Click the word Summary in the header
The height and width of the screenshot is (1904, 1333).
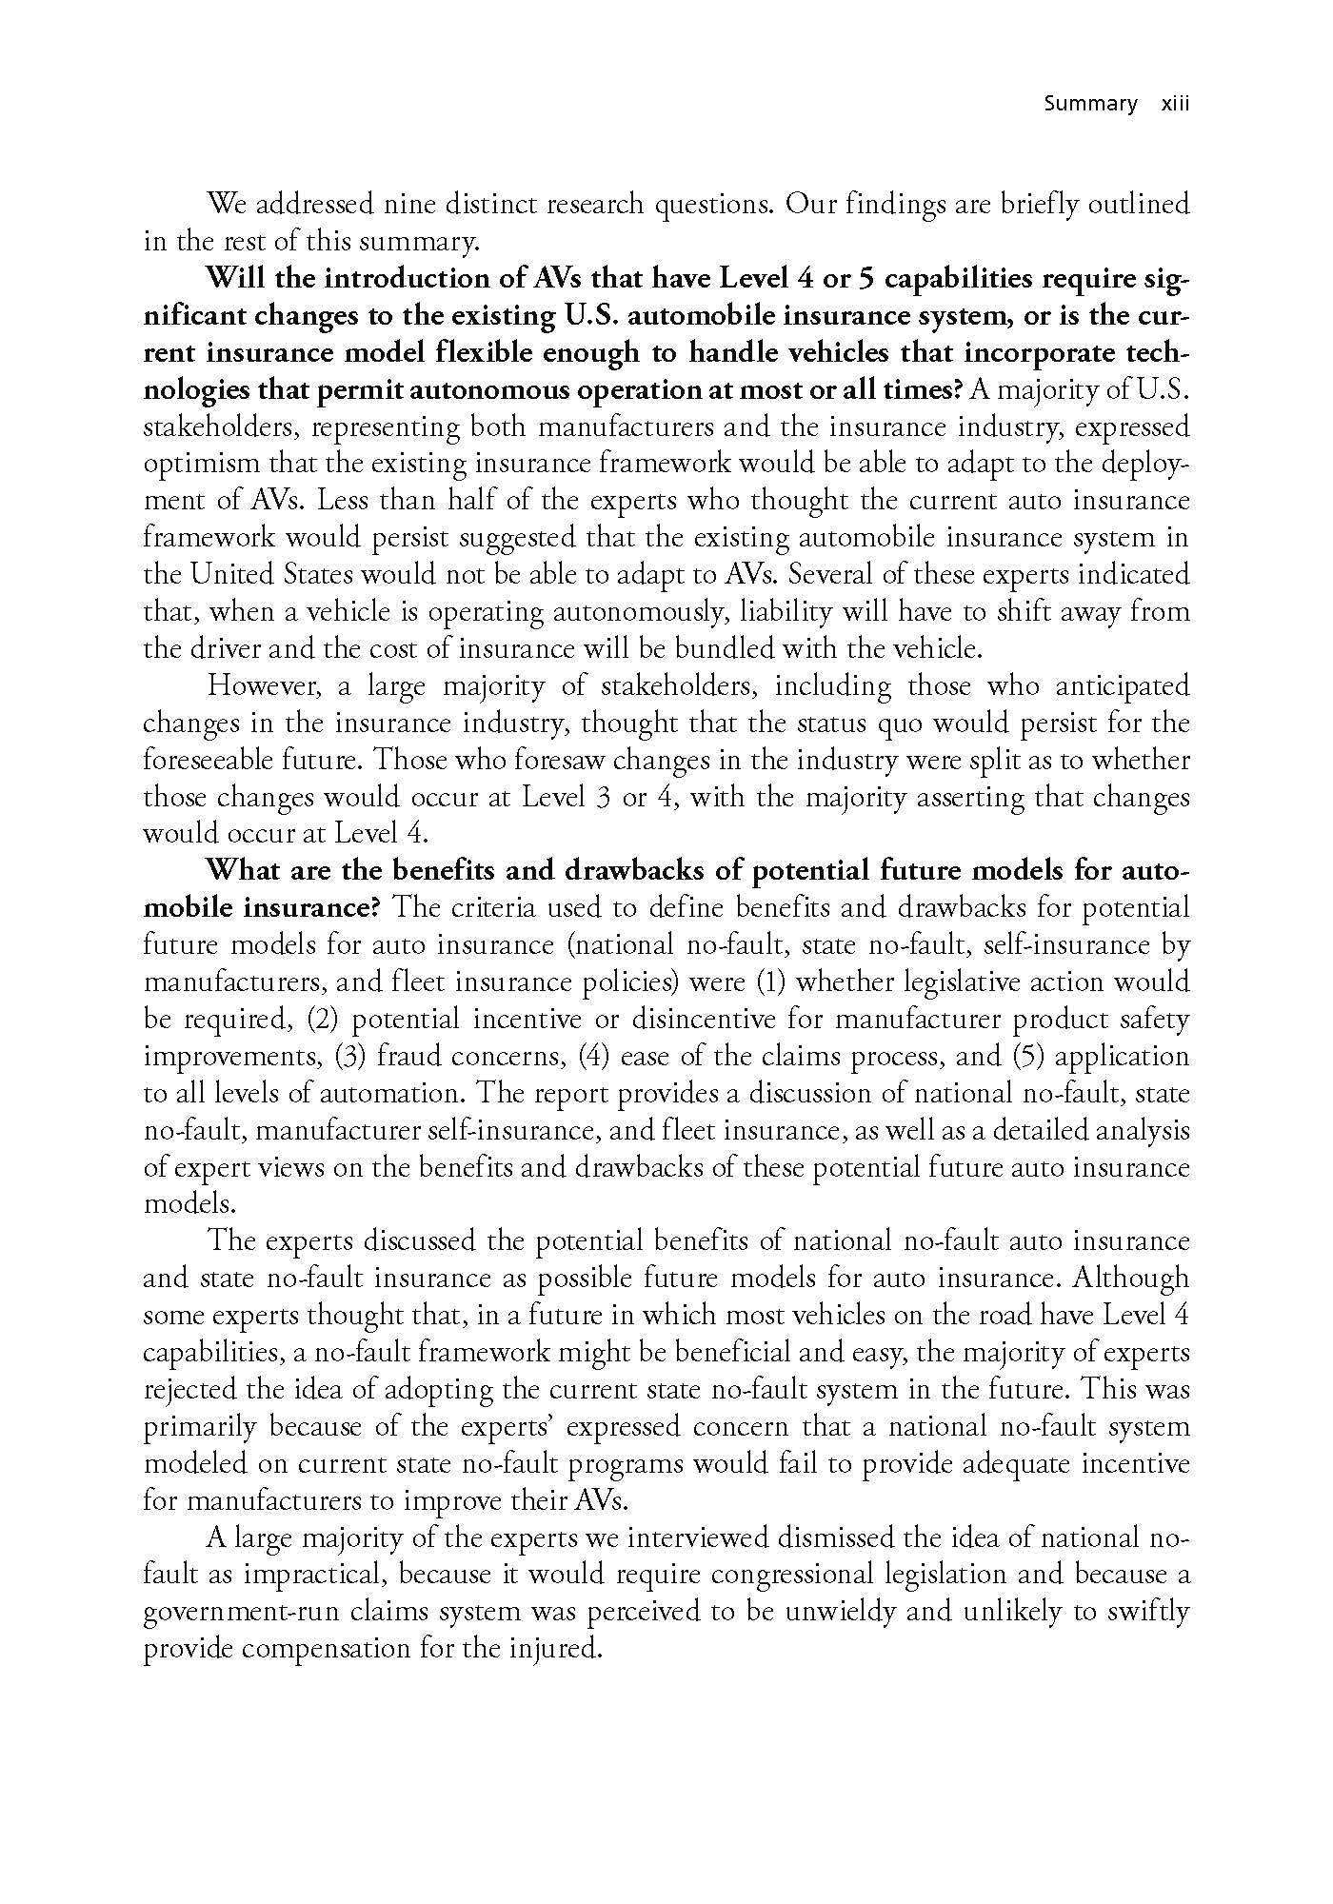point(1090,103)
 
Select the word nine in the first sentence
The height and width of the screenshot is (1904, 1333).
point(409,204)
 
